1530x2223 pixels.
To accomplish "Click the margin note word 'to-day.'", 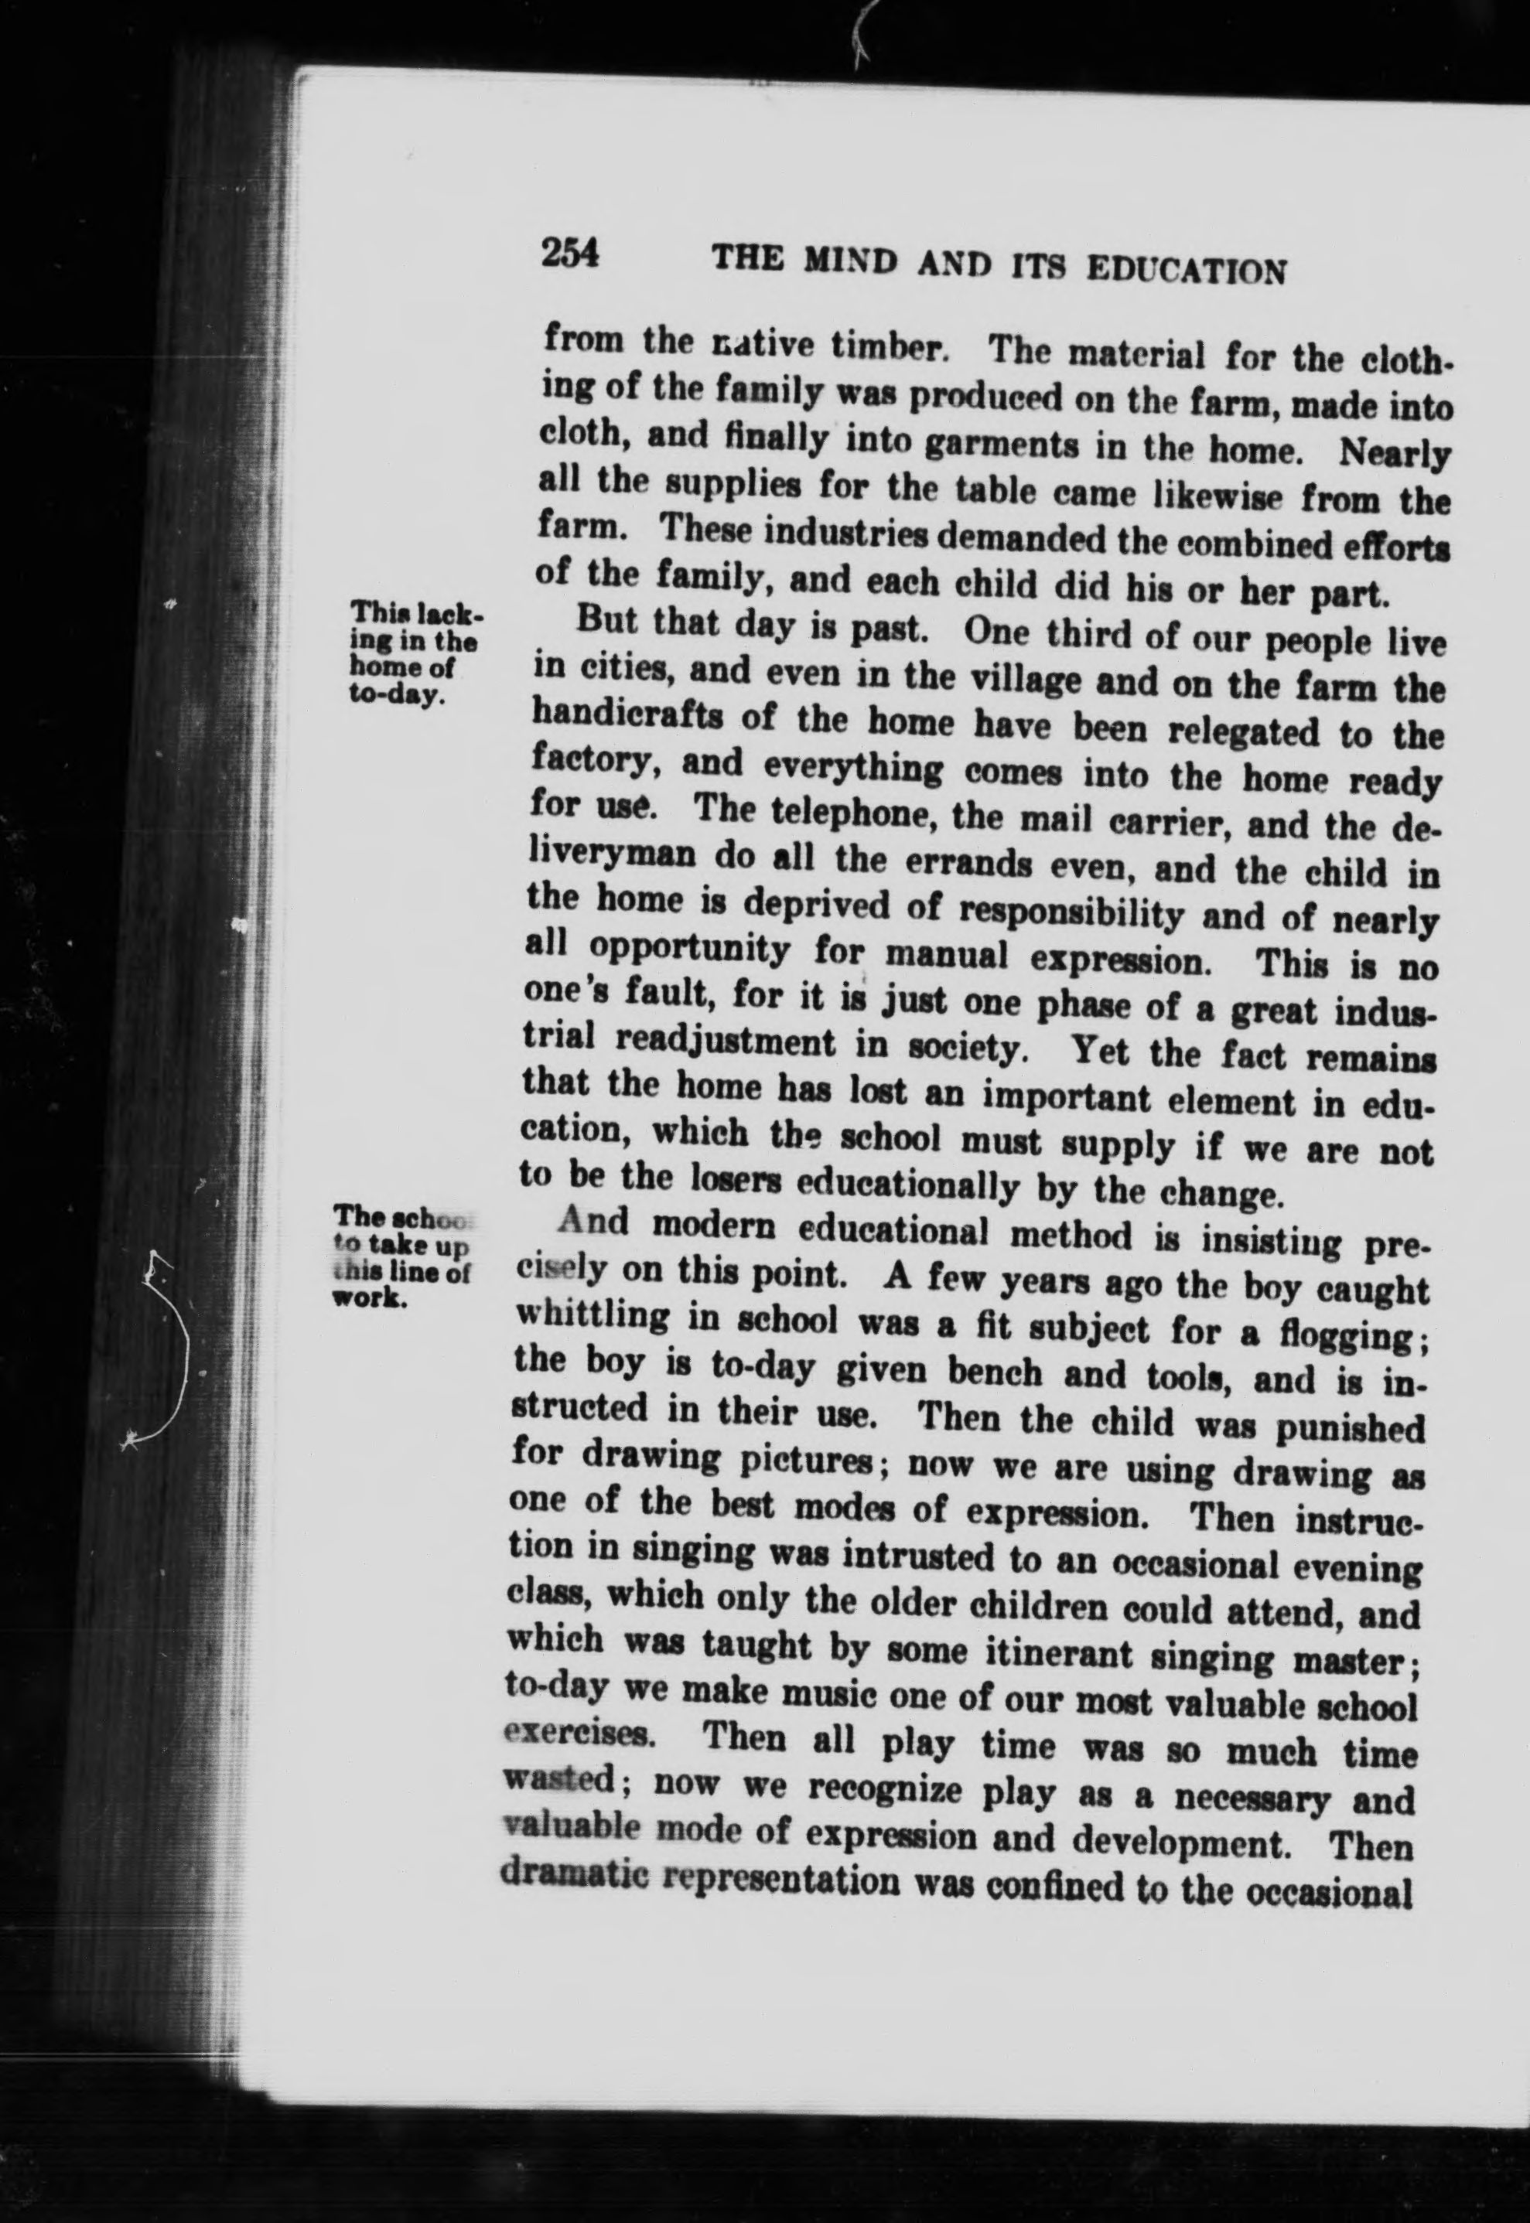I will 394,697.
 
